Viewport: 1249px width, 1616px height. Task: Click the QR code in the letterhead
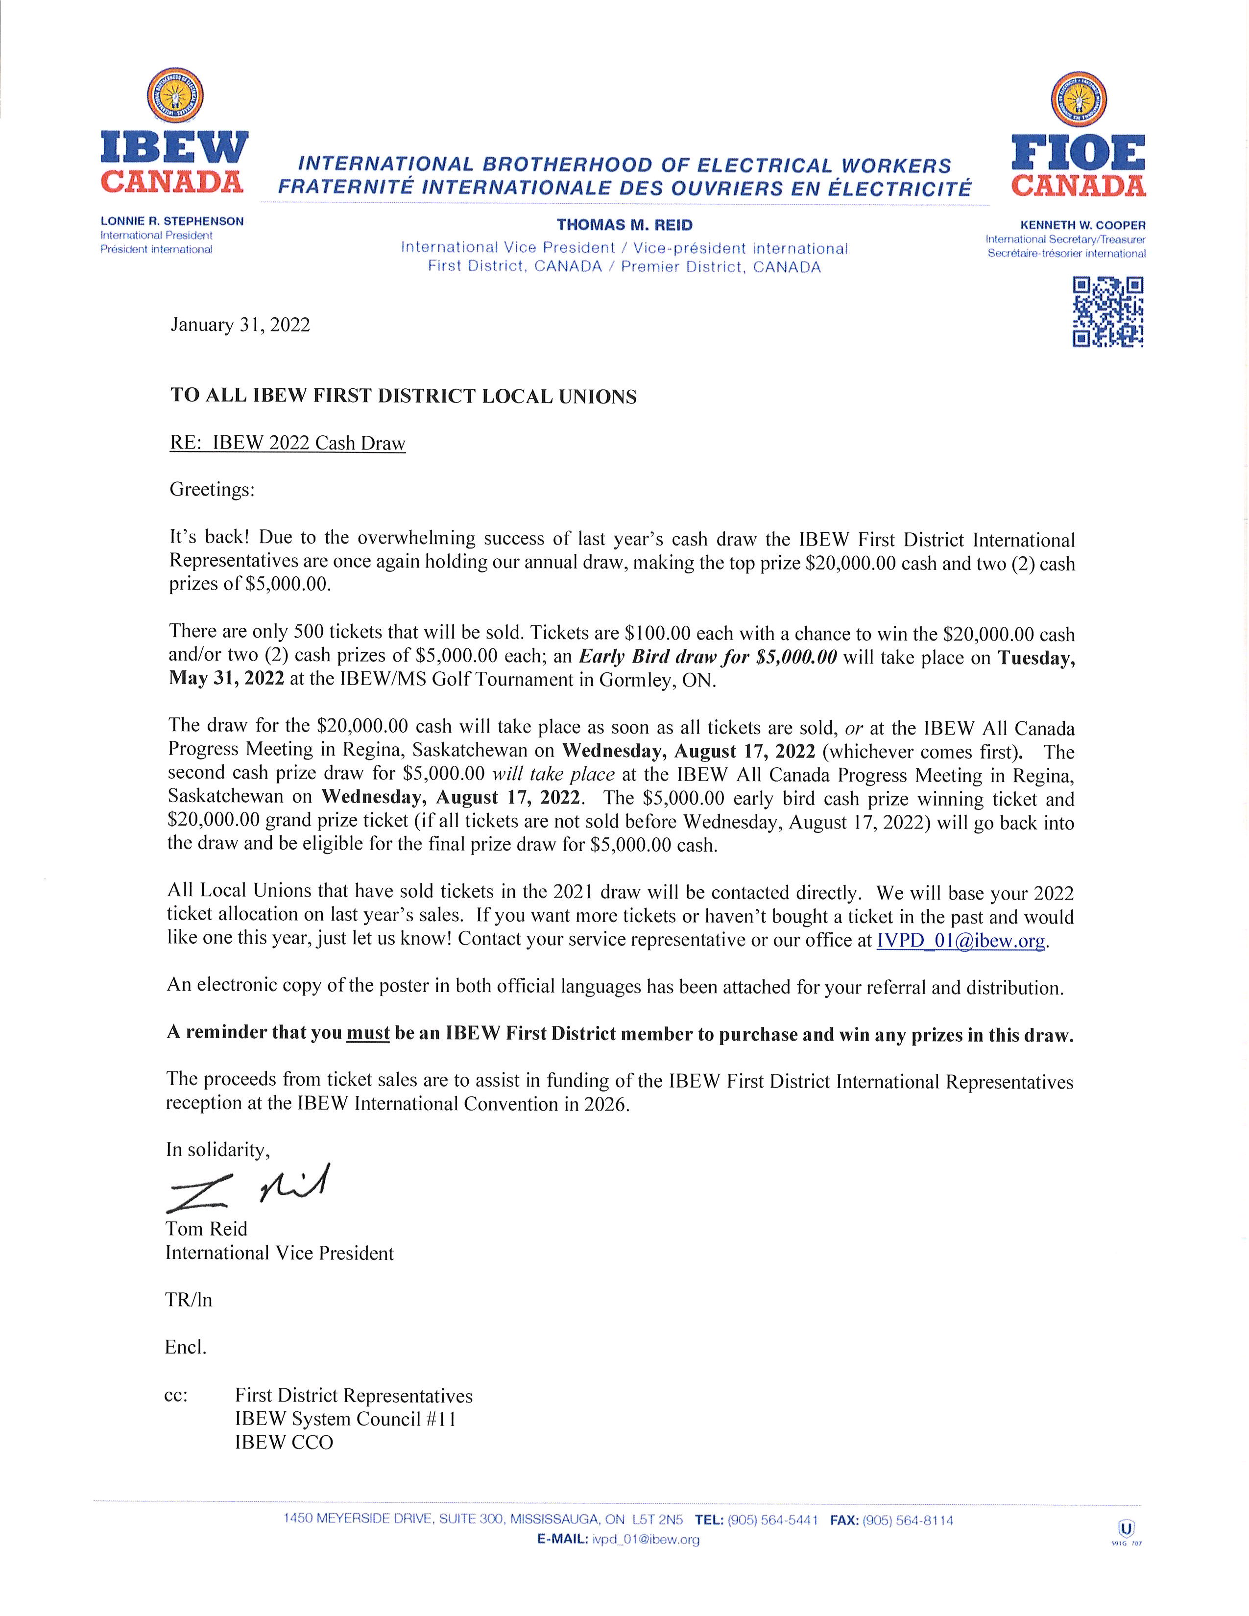1107,311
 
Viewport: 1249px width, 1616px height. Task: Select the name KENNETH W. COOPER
1082,225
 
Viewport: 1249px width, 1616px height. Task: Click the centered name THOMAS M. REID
624,225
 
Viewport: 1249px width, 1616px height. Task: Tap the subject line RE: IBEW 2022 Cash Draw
288,443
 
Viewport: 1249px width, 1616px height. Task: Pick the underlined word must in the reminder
368,1033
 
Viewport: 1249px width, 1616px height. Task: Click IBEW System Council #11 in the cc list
345,1419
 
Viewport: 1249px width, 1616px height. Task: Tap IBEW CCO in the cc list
284,1442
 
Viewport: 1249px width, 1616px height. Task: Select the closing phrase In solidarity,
218,1149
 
